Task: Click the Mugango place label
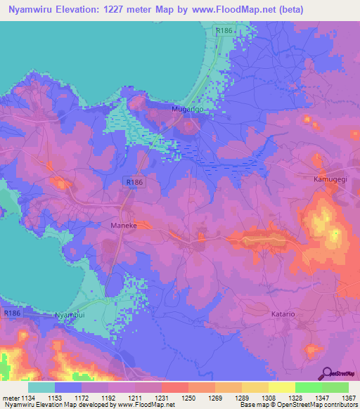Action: click(188, 110)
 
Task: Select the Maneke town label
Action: click(123, 226)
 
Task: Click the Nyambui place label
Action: click(72, 316)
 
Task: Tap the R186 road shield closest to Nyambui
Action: click(12, 313)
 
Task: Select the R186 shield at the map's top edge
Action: click(224, 31)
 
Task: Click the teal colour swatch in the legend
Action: click(41, 387)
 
